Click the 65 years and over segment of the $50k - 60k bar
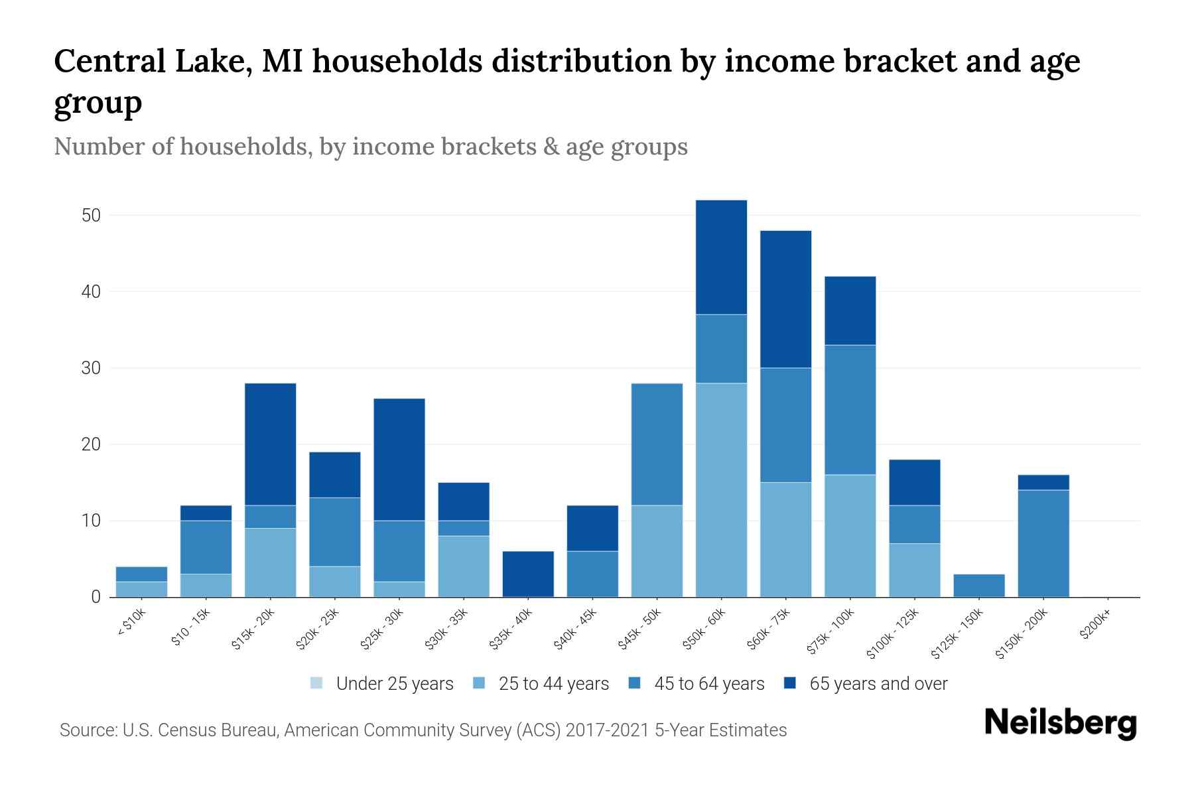pos(721,257)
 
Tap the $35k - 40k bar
pos(528,574)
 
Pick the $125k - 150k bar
pos(979,585)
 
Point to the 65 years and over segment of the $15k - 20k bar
pos(270,444)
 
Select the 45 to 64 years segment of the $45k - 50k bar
pos(657,444)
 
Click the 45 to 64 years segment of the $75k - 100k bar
pos(850,409)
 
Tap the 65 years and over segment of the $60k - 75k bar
pos(785,299)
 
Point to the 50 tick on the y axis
pos(91,216)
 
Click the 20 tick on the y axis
pos(91,444)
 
